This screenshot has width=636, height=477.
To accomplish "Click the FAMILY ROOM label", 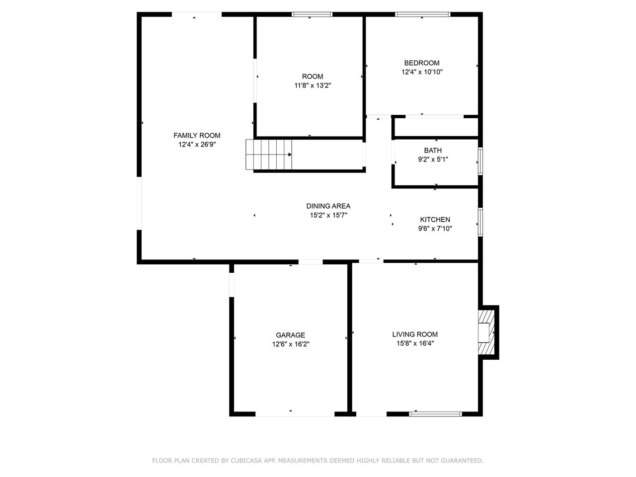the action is pyautogui.click(x=197, y=135).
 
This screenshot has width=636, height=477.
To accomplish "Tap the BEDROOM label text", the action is pyautogui.click(x=421, y=63).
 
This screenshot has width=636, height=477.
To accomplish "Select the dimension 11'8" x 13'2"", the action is pyautogui.click(x=313, y=85).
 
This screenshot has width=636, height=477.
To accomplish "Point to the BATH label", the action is pyautogui.click(x=433, y=151).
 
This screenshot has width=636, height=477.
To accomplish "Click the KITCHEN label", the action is pyautogui.click(x=435, y=220).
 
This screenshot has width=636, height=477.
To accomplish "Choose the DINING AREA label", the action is pyautogui.click(x=328, y=206).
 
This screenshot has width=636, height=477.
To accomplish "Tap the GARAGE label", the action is pyautogui.click(x=290, y=335).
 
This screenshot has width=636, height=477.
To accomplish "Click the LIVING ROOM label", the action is pyautogui.click(x=415, y=334).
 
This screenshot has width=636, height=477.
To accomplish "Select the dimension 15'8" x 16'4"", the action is pyautogui.click(x=415, y=343).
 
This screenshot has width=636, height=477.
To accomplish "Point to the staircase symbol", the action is pyautogui.click(x=269, y=155).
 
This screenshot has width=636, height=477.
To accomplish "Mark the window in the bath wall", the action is pyautogui.click(x=480, y=161).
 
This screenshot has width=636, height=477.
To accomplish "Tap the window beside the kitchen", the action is pyautogui.click(x=480, y=222).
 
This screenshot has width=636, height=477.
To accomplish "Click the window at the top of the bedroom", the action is pyautogui.click(x=423, y=14).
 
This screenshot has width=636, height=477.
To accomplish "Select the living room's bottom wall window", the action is pyautogui.click(x=435, y=414).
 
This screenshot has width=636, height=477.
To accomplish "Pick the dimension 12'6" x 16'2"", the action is pyautogui.click(x=291, y=344).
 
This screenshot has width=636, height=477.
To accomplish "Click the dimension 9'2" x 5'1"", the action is pyautogui.click(x=433, y=159).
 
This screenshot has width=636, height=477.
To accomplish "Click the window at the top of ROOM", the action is pyautogui.click(x=312, y=14).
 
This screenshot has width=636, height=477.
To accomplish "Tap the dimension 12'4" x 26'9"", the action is pyautogui.click(x=197, y=145).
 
